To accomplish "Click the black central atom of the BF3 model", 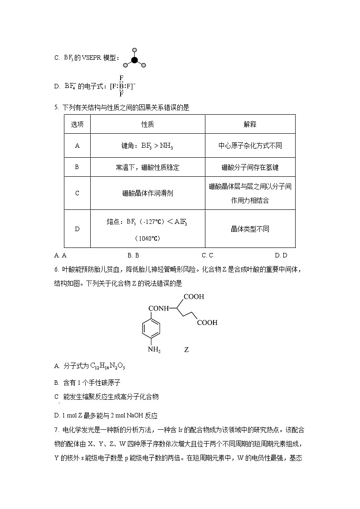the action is coord(134,60).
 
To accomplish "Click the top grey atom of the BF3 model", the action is coord(134,49).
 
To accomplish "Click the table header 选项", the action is coord(77,124).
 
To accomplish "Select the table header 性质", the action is coord(147,124).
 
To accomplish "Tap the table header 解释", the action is coord(250,124).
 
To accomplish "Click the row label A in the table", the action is coord(77,145).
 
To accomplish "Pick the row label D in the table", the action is coord(77,229).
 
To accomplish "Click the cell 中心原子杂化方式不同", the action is coord(250,145).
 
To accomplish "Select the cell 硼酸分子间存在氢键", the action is coord(250,167).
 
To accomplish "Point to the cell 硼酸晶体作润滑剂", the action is coord(147,193).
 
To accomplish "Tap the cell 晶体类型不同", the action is coord(250,229).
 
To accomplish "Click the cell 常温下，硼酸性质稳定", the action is coord(147,167).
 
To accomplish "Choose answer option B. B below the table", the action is coord(133,256).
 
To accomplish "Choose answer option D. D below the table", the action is coord(281,256).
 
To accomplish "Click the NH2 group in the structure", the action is coord(154,350).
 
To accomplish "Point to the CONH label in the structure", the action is coord(159,309).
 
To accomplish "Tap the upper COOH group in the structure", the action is coord(194,297).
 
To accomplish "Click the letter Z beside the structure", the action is coord(186,350).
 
